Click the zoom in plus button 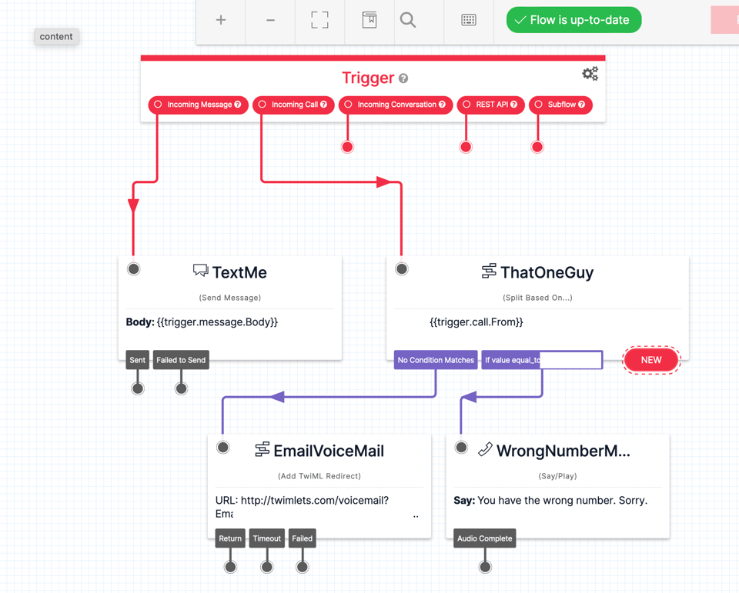[x=221, y=20]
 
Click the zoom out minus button [x=270, y=20]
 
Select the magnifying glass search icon [x=408, y=20]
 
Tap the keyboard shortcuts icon [x=469, y=20]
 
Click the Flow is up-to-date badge [x=573, y=20]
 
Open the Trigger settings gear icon [x=590, y=74]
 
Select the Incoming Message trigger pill [x=198, y=105]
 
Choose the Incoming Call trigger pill [x=293, y=105]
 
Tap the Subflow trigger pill [x=560, y=105]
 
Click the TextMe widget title [x=239, y=272]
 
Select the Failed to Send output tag [x=181, y=360]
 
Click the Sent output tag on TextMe [x=137, y=360]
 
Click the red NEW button [x=651, y=360]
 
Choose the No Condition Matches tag [x=436, y=360]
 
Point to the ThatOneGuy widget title [x=547, y=272]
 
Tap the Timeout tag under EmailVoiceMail [x=267, y=538]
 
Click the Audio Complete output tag [x=484, y=538]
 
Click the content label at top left [x=56, y=37]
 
